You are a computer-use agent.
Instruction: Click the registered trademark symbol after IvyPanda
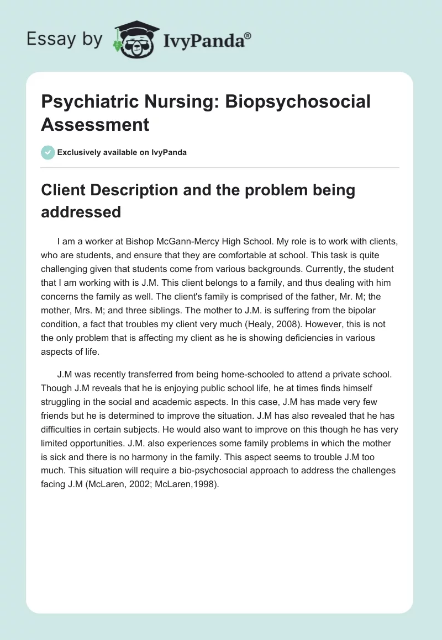pos(248,36)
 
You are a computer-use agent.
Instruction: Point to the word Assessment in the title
pos(96,124)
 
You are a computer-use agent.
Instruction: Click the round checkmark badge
pos(48,152)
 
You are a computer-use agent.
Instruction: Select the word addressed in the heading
pos(81,212)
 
